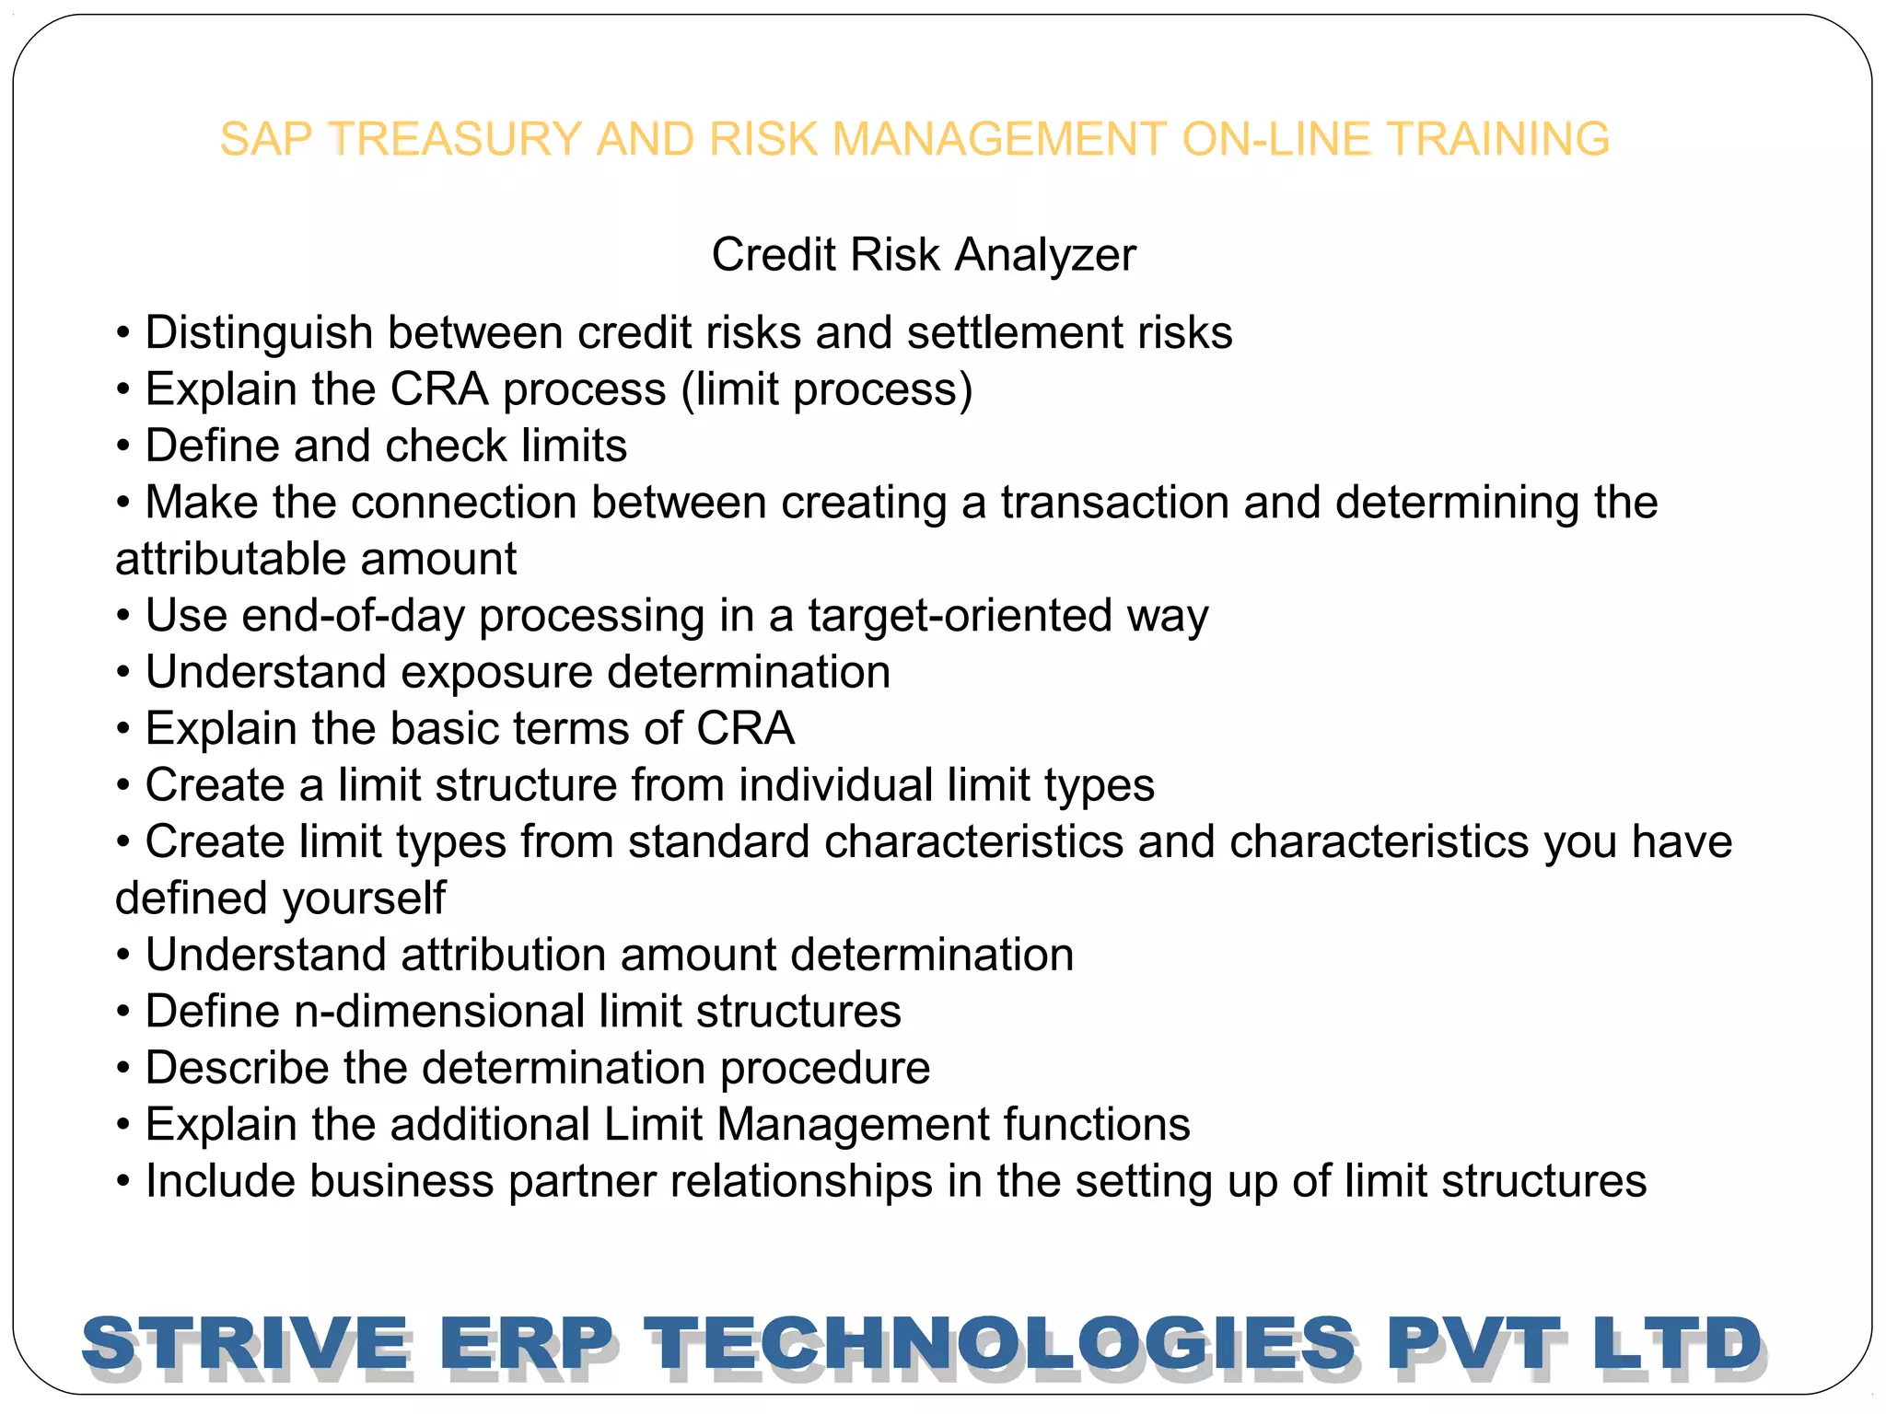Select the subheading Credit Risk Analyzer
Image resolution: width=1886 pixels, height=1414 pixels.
tap(924, 255)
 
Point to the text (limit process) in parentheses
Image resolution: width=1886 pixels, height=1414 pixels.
tap(826, 390)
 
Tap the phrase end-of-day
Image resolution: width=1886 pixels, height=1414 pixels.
tap(353, 616)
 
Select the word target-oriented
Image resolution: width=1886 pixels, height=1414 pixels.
tap(960, 616)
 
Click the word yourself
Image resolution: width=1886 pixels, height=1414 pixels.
tap(364, 898)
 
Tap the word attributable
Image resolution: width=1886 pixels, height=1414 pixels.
tap(217, 560)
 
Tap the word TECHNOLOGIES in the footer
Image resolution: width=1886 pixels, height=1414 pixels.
tap(999, 1344)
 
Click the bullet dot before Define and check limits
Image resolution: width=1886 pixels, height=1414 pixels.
tap(123, 447)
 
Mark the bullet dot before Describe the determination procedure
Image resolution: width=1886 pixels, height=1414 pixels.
tap(123, 1070)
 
